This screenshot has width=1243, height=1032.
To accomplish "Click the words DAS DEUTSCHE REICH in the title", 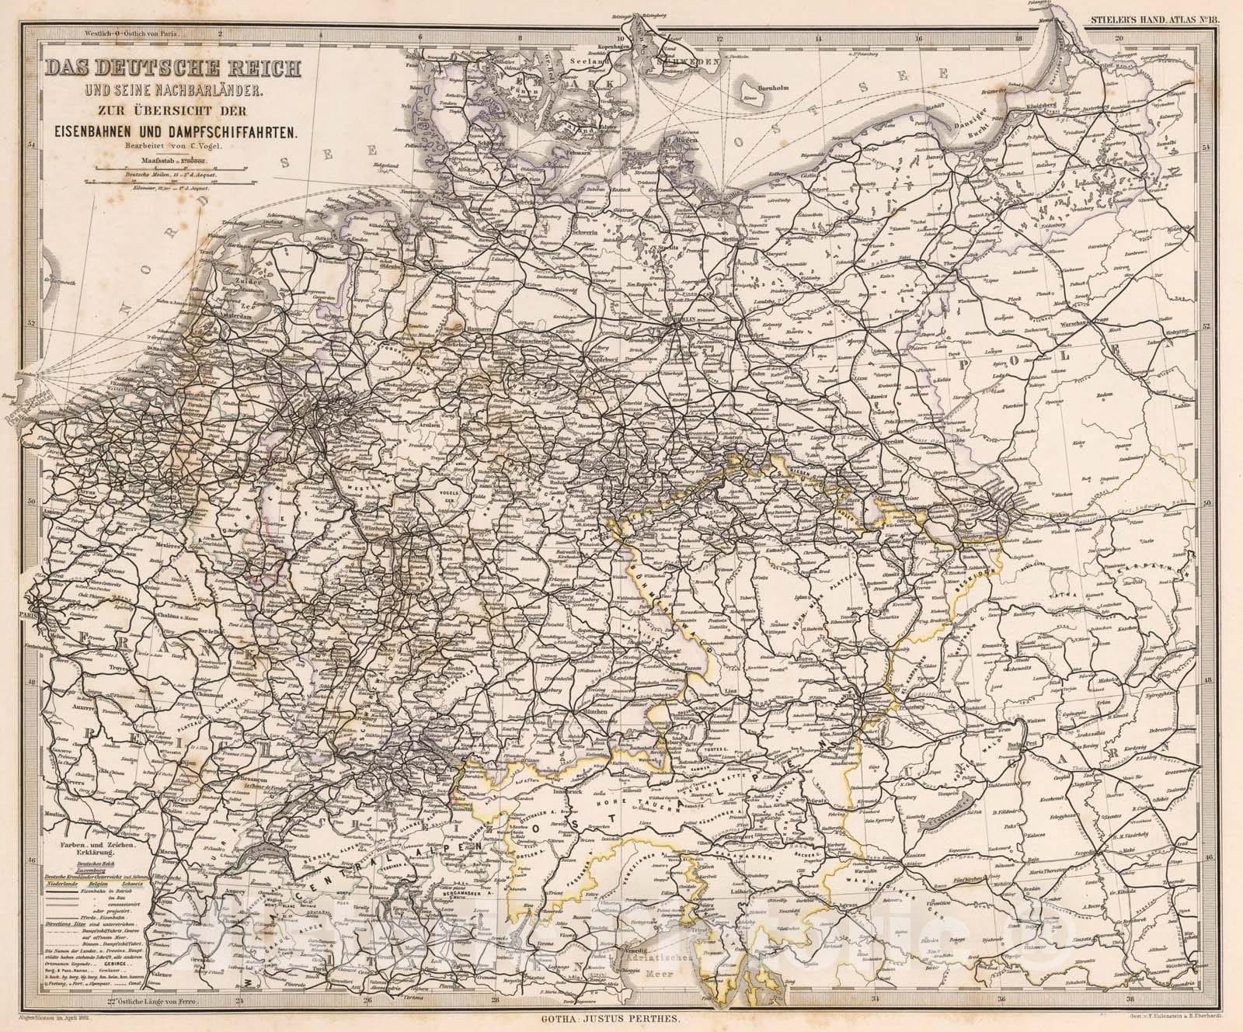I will click(172, 68).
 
